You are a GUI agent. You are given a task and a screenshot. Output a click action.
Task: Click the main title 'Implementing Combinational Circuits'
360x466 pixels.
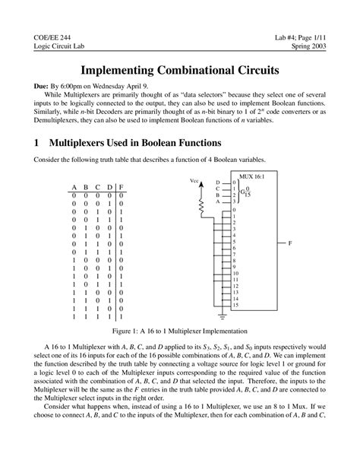180,70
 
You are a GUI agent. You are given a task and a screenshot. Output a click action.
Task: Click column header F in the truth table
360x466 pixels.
122,187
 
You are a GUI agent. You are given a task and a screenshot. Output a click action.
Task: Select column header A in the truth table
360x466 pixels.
74,187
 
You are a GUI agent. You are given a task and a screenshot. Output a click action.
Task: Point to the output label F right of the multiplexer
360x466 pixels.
289,244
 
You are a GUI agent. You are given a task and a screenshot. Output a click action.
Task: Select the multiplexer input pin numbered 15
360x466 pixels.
236,305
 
